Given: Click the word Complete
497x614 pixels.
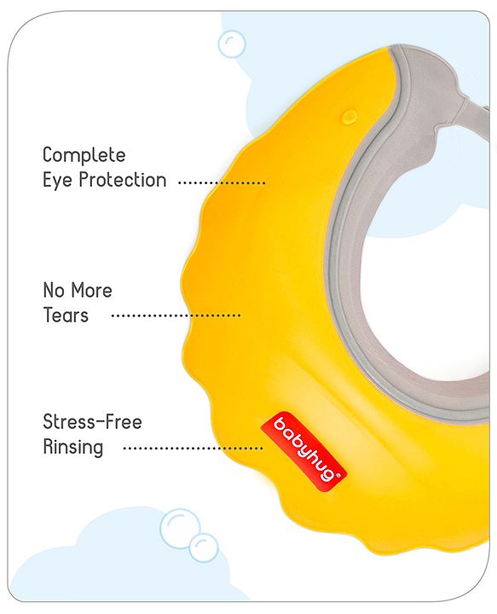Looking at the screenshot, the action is point(84,155).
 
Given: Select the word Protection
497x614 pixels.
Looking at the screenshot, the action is point(123,180).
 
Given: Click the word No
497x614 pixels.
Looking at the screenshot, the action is point(54,290).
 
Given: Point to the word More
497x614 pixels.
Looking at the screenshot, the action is point(91,290).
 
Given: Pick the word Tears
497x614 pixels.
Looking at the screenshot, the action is point(66,316).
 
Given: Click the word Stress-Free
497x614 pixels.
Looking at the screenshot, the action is point(92,422).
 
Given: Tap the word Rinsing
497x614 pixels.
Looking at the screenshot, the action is point(73,448).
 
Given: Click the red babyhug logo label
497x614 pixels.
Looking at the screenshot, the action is point(303,451).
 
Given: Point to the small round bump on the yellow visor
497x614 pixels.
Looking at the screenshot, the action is point(349,116).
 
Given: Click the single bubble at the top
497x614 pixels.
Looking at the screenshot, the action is point(232,44).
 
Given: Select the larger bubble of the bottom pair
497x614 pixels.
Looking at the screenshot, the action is point(181,529).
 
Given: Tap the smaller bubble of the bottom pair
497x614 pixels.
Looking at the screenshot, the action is point(204,547).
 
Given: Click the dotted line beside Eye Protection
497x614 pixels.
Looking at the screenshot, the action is point(222,182).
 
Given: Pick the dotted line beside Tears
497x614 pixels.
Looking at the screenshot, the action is point(176,316).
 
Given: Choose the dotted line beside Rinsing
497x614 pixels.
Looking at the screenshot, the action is point(194,449).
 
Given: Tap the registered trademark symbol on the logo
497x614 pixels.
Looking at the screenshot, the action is point(338,475).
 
